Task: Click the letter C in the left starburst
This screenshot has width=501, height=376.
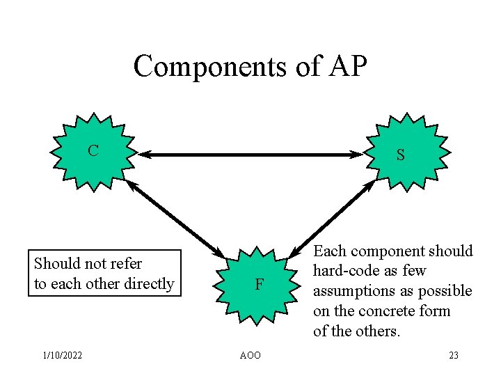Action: pyautogui.click(x=93, y=150)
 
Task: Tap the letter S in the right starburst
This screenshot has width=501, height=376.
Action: pyautogui.click(x=400, y=156)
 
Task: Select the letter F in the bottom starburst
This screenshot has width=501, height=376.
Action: pyautogui.click(x=259, y=284)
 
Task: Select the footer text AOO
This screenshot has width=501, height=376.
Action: pyautogui.click(x=250, y=356)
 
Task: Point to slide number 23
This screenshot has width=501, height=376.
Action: pyautogui.click(x=453, y=356)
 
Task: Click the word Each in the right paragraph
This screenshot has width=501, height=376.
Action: pyautogui.click(x=330, y=251)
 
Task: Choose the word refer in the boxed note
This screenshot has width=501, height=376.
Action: pyautogui.click(x=125, y=264)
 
